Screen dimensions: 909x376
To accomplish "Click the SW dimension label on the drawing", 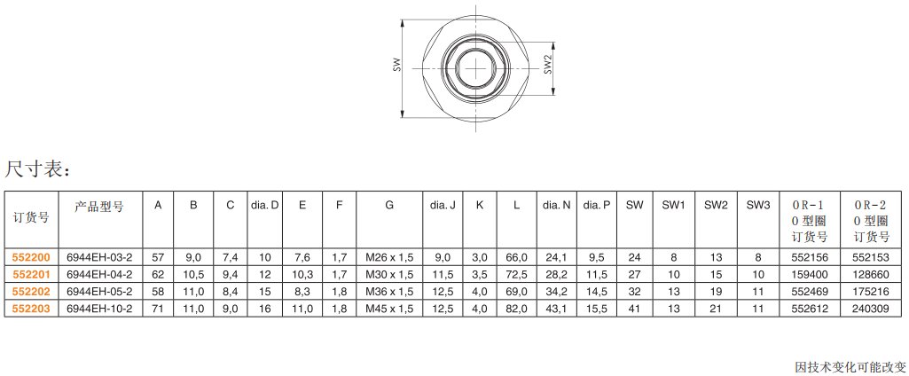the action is coord(396,65).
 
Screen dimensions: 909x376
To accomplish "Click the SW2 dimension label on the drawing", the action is coord(547,65).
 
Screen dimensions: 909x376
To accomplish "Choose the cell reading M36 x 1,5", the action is coord(389,292).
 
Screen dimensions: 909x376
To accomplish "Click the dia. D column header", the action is coord(265,205).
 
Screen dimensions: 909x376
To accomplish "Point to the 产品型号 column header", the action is coord(99,207).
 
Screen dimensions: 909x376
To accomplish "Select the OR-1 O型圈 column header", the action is coord(810,221).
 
